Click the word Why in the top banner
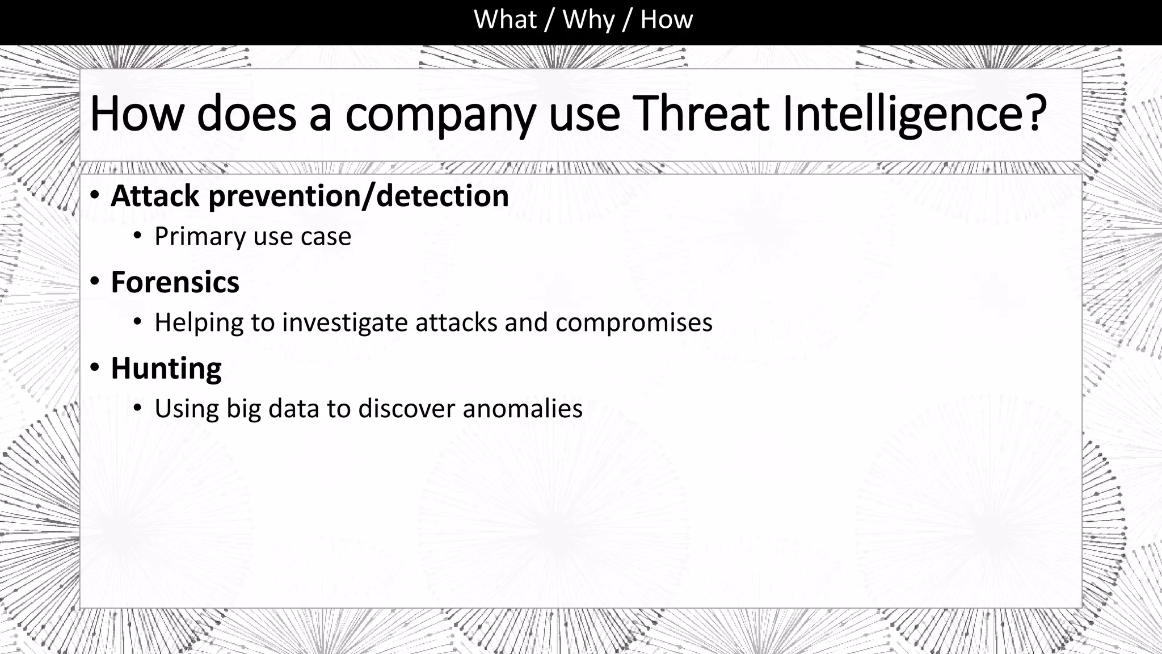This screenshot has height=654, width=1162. pyautogui.click(x=588, y=20)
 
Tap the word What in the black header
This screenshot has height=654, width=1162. pyautogui.click(x=504, y=20)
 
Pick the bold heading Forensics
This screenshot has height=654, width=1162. pyautogui.click(x=175, y=282)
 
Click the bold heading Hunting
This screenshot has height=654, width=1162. pyautogui.click(x=166, y=369)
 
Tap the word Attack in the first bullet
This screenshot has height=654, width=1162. pyautogui.click(x=155, y=196)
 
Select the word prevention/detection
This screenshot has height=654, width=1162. pyautogui.click(x=359, y=196)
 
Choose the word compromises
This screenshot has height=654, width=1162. pyautogui.click(x=634, y=323)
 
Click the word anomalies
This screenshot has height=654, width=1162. pyautogui.click(x=523, y=409)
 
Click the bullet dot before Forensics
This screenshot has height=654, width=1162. pyautogui.click(x=95, y=280)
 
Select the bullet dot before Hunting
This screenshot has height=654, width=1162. pyautogui.click(x=95, y=367)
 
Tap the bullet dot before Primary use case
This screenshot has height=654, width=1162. pyautogui.click(x=137, y=236)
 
